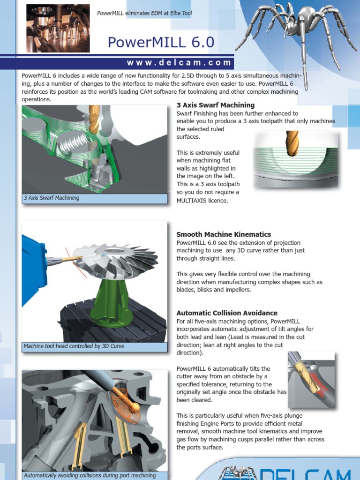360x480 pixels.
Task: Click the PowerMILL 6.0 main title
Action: pyautogui.click(x=161, y=43)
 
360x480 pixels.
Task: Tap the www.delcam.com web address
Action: pyautogui.click(x=179, y=62)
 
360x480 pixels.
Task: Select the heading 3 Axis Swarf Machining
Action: pyautogui.click(x=215, y=105)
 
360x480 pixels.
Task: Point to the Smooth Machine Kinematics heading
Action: pyautogui.click(x=224, y=234)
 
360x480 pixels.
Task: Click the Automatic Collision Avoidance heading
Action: pyautogui.click(x=226, y=313)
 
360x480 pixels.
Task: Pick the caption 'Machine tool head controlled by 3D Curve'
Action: pyautogui.click(x=74, y=346)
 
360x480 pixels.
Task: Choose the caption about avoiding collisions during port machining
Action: pyautogui.click(x=90, y=475)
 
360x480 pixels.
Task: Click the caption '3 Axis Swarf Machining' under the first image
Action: pyautogui.click(x=51, y=198)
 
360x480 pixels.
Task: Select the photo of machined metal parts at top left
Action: pyautogui.click(x=58, y=28)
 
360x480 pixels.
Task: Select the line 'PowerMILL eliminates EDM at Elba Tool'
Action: pyautogui.click(x=144, y=13)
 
